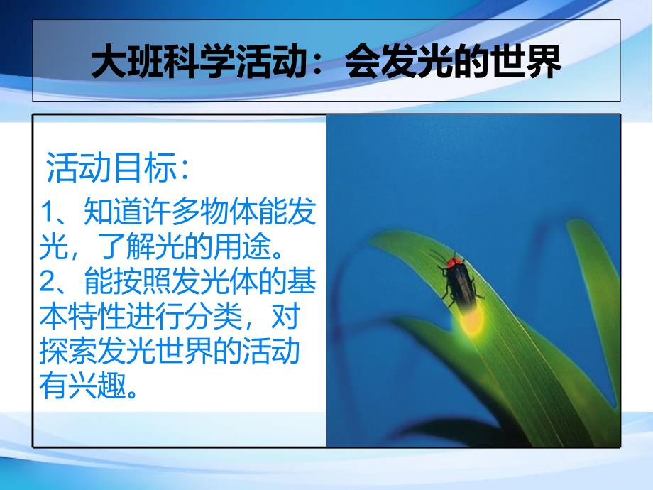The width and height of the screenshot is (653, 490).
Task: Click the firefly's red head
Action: point(454,262)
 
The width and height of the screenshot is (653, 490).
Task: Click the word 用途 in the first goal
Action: point(241,246)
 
